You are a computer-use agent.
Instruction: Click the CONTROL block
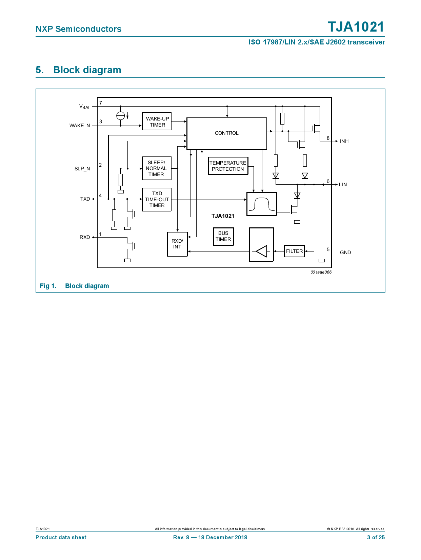(226, 133)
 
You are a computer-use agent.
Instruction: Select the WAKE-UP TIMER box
(157, 122)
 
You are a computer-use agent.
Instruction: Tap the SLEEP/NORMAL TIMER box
(157, 168)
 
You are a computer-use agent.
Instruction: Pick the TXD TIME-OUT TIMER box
(157, 200)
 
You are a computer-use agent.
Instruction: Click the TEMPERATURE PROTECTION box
(228, 166)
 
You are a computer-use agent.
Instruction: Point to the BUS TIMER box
(223, 236)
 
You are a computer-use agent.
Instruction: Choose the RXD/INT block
(177, 244)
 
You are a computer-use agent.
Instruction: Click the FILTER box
(294, 251)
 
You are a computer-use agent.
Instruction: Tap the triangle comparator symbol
(262, 251)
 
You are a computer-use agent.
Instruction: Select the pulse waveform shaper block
(261, 204)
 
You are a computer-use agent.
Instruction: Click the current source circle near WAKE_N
(121, 116)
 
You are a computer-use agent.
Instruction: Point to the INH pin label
(344, 141)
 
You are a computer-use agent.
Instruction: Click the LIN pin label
(343, 185)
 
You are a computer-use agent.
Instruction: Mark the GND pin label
(345, 253)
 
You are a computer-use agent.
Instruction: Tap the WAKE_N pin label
(80, 126)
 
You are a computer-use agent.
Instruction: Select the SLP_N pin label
(82, 169)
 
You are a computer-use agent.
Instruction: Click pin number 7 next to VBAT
(101, 103)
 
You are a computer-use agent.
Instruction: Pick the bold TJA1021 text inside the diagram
(223, 216)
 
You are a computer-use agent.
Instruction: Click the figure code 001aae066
(321, 272)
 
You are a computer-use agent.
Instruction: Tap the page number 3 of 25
(376, 537)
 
